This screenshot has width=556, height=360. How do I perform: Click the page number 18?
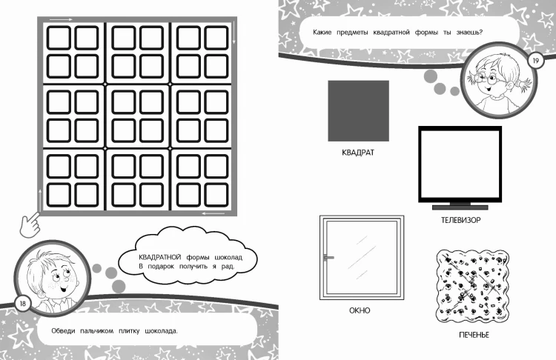(x=23, y=304)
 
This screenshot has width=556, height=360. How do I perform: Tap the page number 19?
(x=536, y=61)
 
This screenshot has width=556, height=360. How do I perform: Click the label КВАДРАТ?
(x=358, y=153)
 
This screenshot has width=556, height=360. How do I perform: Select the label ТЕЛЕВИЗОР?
(x=460, y=220)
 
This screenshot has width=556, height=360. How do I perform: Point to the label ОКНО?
(x=360, y=310)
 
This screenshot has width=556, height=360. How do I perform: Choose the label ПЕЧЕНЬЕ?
(x=474, y=335)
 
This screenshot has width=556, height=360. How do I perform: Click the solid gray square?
(x=359, y=111)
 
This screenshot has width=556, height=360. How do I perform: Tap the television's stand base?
(x=460, y=207)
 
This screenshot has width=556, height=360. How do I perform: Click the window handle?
(x=328, y=258)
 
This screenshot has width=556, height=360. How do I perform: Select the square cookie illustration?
(x=472, y=286)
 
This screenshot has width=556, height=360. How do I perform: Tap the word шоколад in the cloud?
(x=229, y=257)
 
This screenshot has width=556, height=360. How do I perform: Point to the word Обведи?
(x=63, y=331)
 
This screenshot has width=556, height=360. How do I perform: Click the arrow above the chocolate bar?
(x=61, y=19)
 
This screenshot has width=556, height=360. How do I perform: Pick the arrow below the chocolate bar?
(x=213, y=213)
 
